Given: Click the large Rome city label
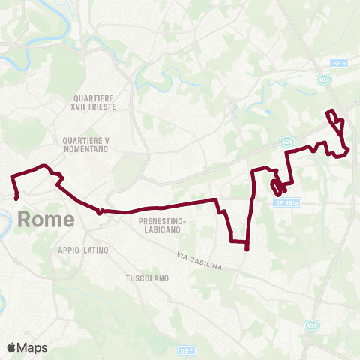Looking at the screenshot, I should click(x=45, y=220).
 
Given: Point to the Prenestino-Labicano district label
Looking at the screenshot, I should click(x=162, y=226).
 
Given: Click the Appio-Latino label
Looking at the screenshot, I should click(x=83, y=250).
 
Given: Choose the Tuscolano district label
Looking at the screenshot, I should click(x=147, y=277).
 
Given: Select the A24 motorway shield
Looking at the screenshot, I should click(x=287, y=140).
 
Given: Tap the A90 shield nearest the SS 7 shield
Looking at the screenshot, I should click(x=311, y=325).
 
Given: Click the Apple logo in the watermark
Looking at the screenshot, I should click(x=12, y=347).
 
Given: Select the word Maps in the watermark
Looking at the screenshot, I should click(x=33, y=347).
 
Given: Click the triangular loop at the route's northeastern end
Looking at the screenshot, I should click(x=337, y=124).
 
